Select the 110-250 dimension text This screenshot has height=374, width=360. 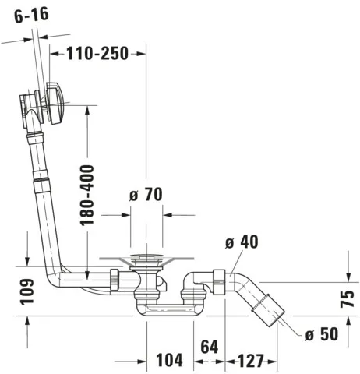pos(98,53)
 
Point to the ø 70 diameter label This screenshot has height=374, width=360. pos(145,196)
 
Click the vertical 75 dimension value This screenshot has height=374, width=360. pos(348,296)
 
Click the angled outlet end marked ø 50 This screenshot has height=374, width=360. pos(276,309)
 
